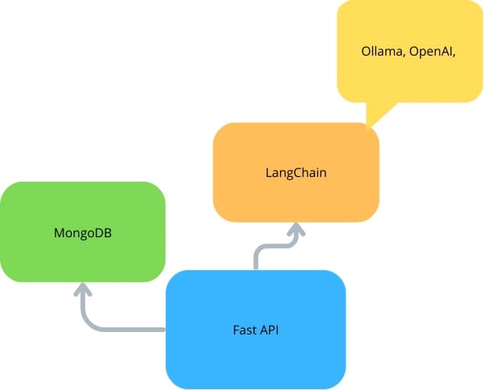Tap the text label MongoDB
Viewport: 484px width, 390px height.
(x=82, y=233)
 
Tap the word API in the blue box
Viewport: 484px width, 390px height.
(x=269, y=330)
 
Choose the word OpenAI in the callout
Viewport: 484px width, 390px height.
(x=431, y=52)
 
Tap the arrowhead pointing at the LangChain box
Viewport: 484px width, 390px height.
(x=296, y=229)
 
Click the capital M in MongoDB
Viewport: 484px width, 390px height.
(x=59, y=233)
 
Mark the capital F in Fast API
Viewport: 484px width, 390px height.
(x=236, y=330)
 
